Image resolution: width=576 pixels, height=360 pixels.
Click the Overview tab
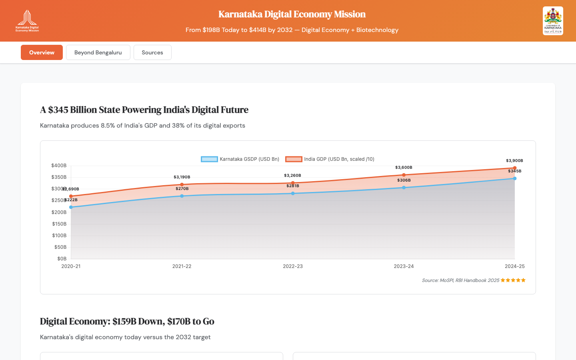click(x=42, y=52)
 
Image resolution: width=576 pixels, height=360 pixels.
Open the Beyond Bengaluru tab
click(x=98, y=52)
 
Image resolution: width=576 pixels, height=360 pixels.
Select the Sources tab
click(x=152, y=52)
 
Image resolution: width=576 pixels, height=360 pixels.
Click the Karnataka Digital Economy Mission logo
click(x=27, y=21)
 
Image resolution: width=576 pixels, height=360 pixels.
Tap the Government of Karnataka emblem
click(x=553, y=21)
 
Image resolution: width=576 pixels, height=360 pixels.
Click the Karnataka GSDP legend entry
click(x=240, y=159)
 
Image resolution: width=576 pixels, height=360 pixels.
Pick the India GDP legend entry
click(x=330, y=159)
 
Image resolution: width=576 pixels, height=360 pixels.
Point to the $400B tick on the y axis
click(x=59, y=166)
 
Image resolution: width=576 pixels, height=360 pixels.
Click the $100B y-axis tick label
click(x=59, y=236)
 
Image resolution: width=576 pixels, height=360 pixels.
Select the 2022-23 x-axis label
click(x=293, y=266)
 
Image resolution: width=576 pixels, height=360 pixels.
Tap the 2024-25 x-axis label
click(x=514, y=266)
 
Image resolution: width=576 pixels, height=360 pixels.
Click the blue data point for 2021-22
click(x=182, y=196)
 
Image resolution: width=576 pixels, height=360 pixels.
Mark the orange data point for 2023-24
click(x=404, y=175)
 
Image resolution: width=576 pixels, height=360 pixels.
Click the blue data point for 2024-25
click(x=515, y=178)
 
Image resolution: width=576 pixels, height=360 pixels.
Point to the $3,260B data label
click(x=292, y=176)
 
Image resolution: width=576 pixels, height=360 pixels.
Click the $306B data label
click(x=404, y=180)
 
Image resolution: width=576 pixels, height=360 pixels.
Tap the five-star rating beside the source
click(x=513, y=280)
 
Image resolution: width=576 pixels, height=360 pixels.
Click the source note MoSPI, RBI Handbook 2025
click(x=460, y=280)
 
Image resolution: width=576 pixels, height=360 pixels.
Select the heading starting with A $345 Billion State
click(x=144, y=110)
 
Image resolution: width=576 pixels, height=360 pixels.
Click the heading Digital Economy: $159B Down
click(x=127, y=322)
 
